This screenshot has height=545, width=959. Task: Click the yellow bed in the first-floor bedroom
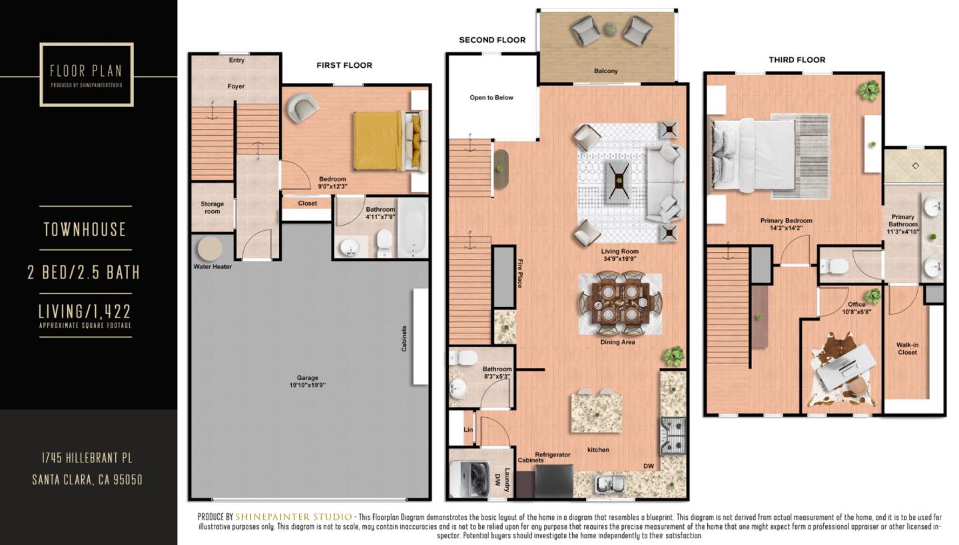coord(378,141)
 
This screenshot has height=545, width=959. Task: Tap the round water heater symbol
coord(210,249)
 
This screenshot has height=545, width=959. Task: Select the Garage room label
coord(307,380)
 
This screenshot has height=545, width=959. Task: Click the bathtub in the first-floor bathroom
coord(412,228)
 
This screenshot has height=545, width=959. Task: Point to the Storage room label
coord(212,208)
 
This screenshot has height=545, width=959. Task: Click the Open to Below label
coord(491,98)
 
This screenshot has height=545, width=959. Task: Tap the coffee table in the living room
coord(619,181)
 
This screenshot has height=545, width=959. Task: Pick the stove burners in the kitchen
coord(673,435)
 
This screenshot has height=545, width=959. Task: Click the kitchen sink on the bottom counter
coord(610,484)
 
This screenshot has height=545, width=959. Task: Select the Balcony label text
coord(605,71)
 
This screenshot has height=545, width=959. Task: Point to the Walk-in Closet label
coord(906,349)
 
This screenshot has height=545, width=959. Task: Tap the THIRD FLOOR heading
coord(797,60)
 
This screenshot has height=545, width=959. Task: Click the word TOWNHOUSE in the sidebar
coord(85,230)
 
